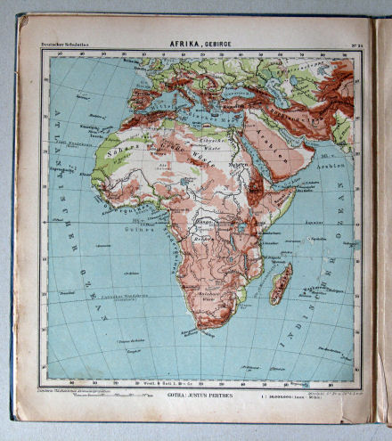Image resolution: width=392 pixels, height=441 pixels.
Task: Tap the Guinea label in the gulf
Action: tap(134, 228)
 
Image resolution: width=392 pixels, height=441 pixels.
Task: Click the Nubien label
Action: tap(236, 164)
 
